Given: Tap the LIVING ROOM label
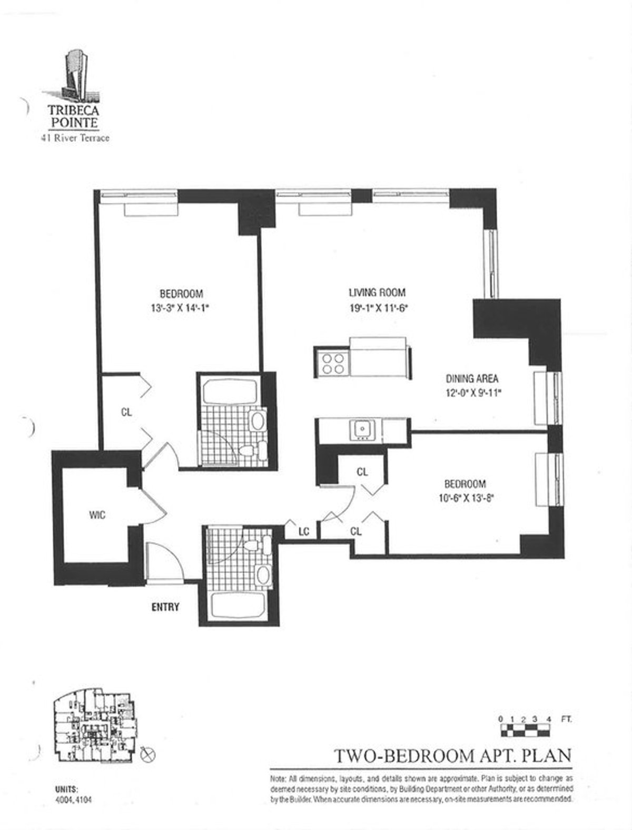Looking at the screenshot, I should (377, 293).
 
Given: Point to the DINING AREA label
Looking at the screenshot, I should (472, 378).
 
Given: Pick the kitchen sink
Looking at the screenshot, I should (362, 428).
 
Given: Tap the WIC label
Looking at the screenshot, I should (97, 515).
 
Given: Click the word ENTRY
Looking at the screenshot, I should (165, 607).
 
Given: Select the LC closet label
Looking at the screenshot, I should (303, 532).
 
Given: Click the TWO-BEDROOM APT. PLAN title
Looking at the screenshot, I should (453, 756).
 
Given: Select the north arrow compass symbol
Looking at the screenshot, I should (150, 755).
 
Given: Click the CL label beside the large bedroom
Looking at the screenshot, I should (126, 413).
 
